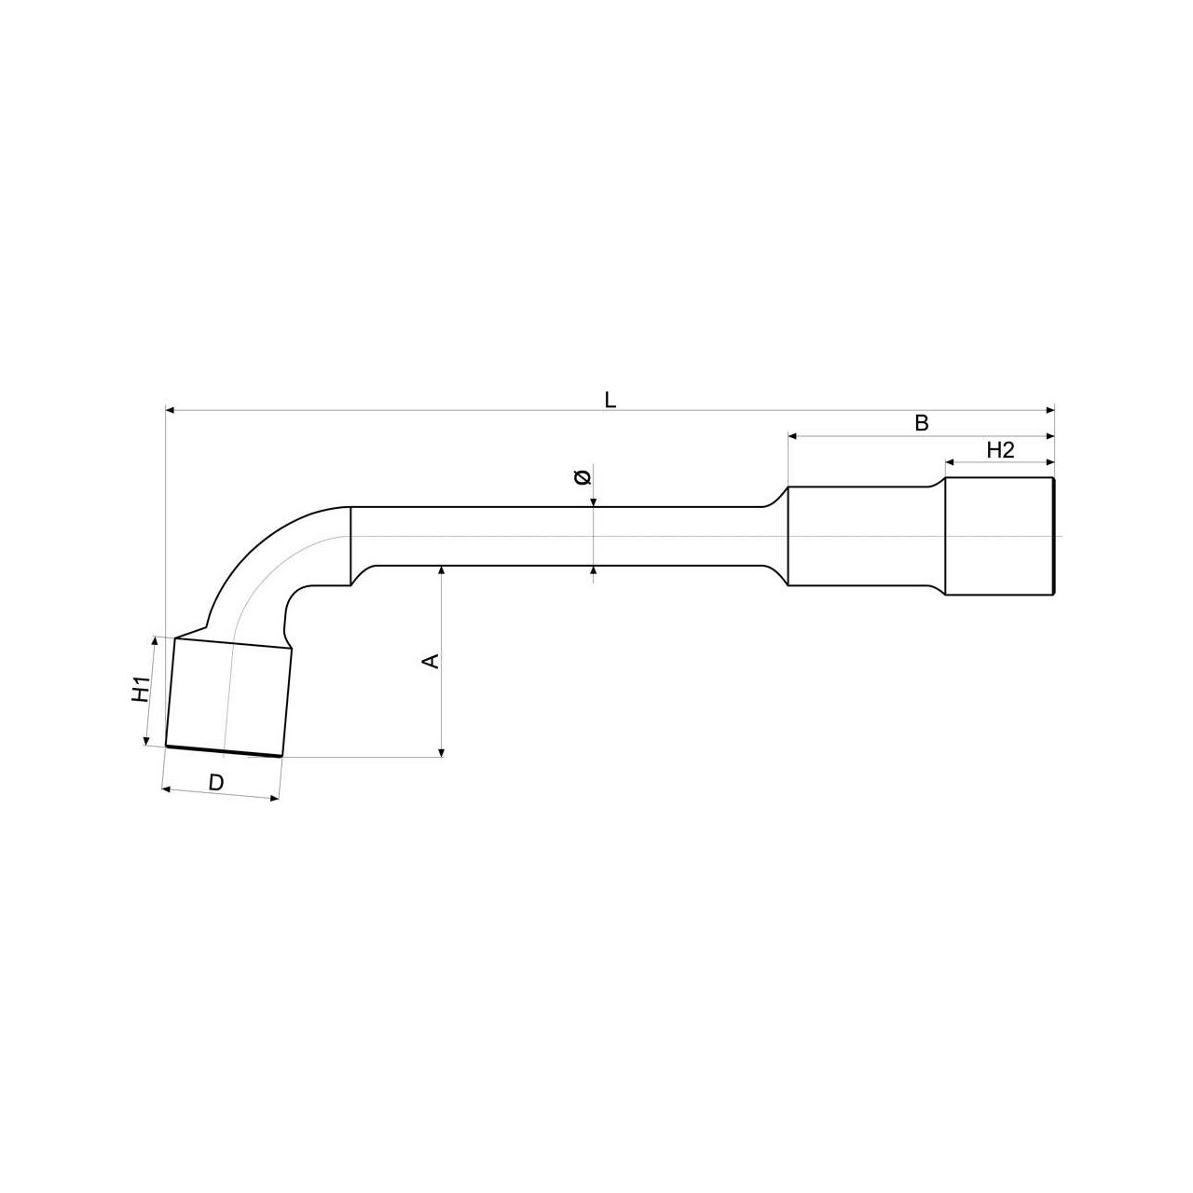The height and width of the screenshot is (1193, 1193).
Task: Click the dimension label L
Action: (610, 401)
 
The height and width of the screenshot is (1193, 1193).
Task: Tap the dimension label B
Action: (921, 423)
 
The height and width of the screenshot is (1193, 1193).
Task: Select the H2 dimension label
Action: (1000, 450)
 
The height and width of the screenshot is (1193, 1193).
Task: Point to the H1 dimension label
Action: (142, 689)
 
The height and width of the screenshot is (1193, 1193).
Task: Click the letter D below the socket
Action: (215, 783)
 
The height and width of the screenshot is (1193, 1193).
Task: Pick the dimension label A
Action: (431, 661)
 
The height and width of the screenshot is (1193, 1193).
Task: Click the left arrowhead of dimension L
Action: (171, 410)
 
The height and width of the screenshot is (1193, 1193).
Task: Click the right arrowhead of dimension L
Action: (1049, 410)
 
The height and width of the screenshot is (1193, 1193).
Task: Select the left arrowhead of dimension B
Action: (793, 436)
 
